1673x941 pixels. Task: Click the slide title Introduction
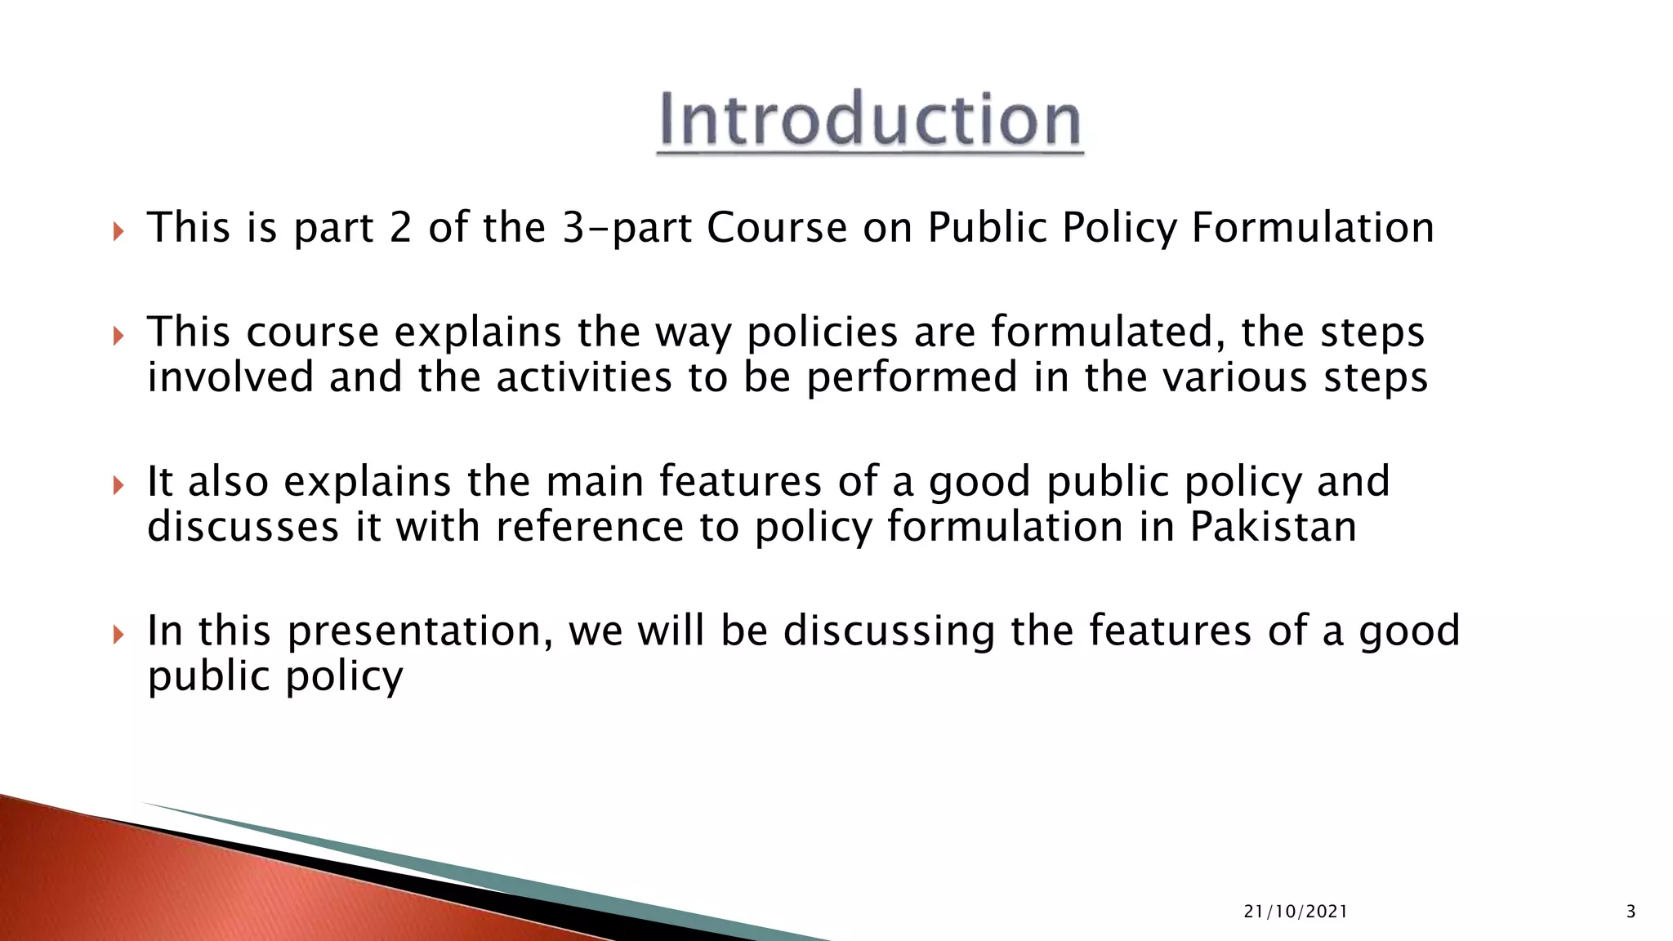tap(870, 122)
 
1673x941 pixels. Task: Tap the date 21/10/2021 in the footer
tap(1296, 912)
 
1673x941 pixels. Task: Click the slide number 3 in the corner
tap(1631, 912)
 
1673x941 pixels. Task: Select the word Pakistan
tap(1273, 527)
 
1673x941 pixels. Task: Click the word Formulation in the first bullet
tap(1312, 228)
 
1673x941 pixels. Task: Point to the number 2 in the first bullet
tap(400, 228)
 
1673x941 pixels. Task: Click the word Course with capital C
tap(777, 228)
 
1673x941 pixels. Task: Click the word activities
tap(583, 377)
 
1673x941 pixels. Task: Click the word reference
tap(589, 527)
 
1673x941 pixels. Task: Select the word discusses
tap(243, 527)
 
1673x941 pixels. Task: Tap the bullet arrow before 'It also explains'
tap(118, 486)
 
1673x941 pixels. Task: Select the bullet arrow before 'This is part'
tap(118, 232)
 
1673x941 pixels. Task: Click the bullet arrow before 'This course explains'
tap(118, 336)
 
